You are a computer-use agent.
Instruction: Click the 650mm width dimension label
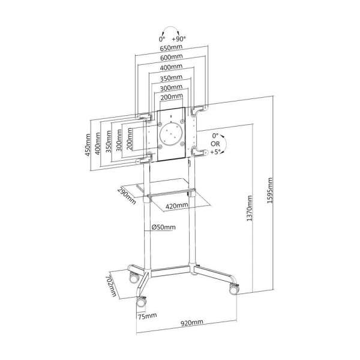[171, 47]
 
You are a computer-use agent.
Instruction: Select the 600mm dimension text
[171, 58]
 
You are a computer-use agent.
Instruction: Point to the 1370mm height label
[250, 207]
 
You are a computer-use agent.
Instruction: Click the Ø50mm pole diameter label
[163, 227]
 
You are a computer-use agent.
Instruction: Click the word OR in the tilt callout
[214, 144]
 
